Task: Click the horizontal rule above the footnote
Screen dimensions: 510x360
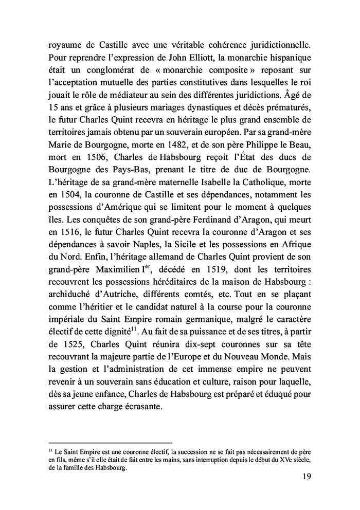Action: (x=109, y=443)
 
